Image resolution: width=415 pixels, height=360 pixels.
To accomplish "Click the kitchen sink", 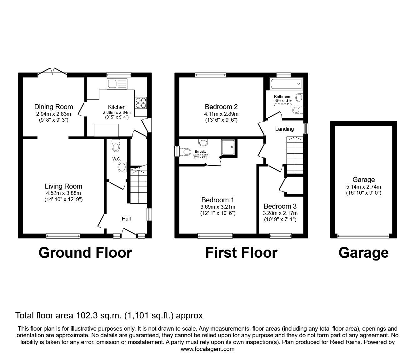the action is click(117, 84).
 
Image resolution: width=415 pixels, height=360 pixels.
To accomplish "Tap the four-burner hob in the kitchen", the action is click(141, 103).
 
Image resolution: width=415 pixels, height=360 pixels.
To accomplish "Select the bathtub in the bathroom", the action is click(286, 84).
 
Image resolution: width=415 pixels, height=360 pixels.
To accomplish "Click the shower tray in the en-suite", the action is click(228, 147).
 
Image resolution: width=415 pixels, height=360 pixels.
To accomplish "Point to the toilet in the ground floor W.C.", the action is click(116, 145).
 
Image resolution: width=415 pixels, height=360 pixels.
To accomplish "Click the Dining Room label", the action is click(54, 107).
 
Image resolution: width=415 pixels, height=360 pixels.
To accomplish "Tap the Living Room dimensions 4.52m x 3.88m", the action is click(63, 193).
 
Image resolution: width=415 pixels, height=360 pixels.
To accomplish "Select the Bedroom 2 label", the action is click(221, 107).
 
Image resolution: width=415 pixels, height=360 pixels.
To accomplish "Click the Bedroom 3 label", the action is click(280, 206).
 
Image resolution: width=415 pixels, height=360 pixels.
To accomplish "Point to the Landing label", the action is click(284, 129).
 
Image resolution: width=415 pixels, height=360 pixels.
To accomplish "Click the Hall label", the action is click(126, 219).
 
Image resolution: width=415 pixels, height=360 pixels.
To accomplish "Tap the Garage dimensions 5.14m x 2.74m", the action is click(364, 187).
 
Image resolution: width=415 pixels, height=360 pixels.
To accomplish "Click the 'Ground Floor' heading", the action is click(85, 253).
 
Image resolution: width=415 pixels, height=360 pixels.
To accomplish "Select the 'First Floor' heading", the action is click(241, 253).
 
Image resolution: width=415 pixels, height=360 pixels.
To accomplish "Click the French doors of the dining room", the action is click(52, 72).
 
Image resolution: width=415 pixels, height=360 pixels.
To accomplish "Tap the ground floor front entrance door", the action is click(129, 233).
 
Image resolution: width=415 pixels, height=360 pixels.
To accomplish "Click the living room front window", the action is click(63, 236).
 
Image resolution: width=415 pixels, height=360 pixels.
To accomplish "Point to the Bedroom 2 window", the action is click(211, 75).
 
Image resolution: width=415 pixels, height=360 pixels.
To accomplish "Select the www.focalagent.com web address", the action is click(207, 349).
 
